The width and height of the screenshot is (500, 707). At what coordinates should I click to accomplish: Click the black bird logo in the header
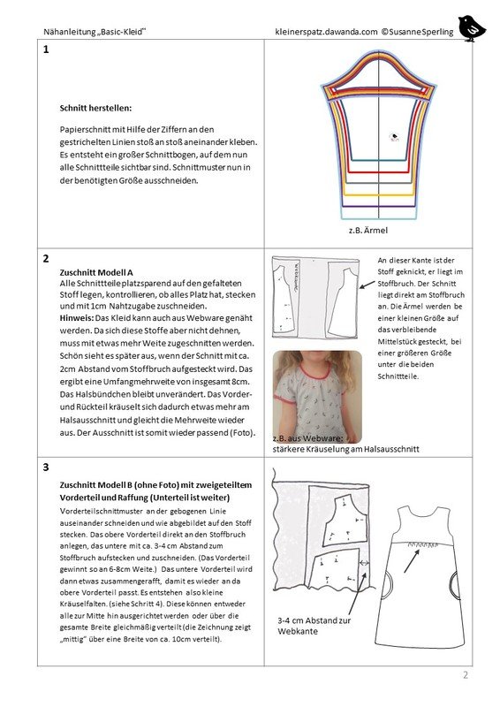(x=472, y=28)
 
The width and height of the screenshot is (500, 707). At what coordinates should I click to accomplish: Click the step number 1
(x=46, y=49)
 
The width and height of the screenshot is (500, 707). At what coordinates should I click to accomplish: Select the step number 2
(x=46, y=259)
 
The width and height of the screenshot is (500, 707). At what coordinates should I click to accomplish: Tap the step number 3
(x=46, y=468)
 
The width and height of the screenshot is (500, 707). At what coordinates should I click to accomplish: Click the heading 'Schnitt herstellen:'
(x=95, y=108)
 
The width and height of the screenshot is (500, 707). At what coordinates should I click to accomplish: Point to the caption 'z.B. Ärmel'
(x=367, y=230)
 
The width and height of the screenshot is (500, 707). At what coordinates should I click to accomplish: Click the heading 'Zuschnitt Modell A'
(x=96, y=272)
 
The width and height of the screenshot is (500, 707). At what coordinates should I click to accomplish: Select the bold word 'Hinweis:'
(x=77, y=318)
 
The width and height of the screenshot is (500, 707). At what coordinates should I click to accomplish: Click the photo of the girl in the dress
(x=317, y=397)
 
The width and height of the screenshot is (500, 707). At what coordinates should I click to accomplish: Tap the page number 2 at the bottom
(x=466, y=675)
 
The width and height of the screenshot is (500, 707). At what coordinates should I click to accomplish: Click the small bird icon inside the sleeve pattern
(x=395, y=136)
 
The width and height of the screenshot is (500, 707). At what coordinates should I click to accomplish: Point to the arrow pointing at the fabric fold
(x=367, y=284)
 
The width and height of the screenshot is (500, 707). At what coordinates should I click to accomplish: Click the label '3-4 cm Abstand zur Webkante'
(x=314, y=626)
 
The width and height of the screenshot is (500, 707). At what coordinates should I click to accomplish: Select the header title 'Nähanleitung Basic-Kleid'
(x=95, y=32)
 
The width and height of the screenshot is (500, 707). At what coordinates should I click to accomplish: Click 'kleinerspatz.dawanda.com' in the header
(x=326, y=32)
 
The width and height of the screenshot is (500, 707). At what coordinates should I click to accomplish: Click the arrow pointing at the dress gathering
(x=411, y=561)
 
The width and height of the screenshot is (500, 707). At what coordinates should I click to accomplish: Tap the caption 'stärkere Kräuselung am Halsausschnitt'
(x=345, y=449)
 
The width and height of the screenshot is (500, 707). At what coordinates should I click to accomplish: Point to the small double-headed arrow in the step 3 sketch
(x=364, y=563)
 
